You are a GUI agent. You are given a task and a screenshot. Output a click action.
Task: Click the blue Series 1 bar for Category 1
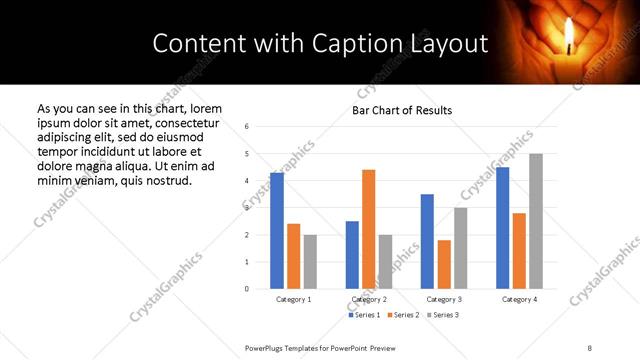coord(277,231)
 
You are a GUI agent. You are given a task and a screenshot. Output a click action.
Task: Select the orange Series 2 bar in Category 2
coord(368,229)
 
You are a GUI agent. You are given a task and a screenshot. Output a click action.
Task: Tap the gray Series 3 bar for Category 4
coord(536,221)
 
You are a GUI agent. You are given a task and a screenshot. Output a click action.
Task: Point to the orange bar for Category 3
coord(444,264)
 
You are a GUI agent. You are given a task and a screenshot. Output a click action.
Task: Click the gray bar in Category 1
coord(310,262)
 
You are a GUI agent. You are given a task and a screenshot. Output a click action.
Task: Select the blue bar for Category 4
coord(502,228)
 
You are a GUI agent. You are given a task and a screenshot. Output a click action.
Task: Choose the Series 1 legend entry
coord(363,315)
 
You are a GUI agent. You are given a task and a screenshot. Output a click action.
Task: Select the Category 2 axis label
coord(369,299)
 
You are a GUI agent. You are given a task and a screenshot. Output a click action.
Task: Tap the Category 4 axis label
coord(519,299)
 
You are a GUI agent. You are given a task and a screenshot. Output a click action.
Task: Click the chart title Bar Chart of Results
coord(402,110)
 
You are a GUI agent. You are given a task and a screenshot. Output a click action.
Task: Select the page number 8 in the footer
coord(589,346)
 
